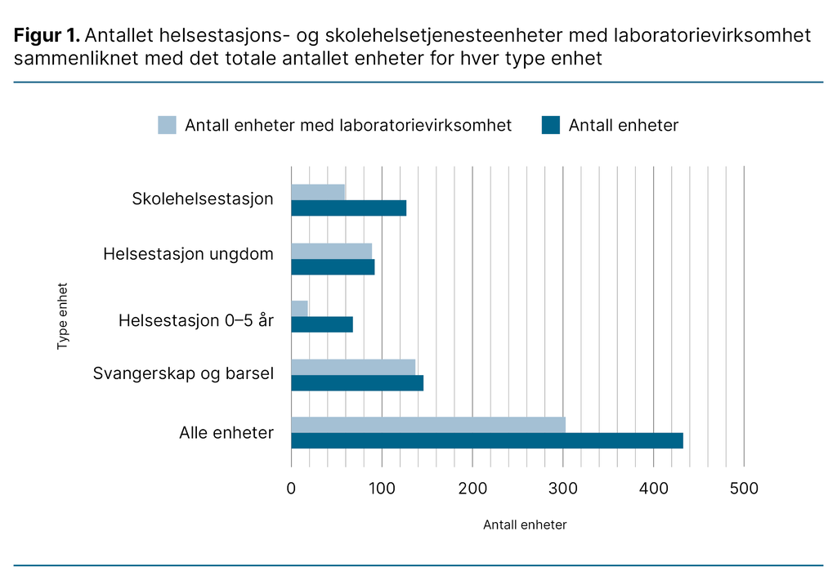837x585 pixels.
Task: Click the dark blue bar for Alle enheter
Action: pos(486,440)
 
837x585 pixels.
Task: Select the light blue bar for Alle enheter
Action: pos(427,425)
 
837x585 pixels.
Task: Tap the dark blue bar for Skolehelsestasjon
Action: pos(348,208)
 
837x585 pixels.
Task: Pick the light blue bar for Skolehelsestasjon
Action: pos(318,192)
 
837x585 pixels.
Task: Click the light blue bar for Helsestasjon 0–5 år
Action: pos(299,308)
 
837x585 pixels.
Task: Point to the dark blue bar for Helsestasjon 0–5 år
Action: pos(322,324)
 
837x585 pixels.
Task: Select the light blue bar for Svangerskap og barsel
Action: pos(353,367)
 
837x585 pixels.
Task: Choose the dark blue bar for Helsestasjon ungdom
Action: pos(333,266)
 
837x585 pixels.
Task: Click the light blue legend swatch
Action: pos(167,125)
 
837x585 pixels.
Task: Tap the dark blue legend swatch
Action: pos(550,125)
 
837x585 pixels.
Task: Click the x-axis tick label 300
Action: pos(562,489)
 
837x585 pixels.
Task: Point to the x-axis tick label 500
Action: pos(744,489)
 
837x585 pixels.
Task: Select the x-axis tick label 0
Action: pos(291,489)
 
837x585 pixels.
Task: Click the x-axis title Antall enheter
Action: pos(525,525)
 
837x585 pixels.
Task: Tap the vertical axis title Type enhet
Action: pos(62,316)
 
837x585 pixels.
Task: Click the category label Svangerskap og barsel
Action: pos(183,373)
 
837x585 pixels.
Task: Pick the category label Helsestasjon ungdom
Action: pos(188,254)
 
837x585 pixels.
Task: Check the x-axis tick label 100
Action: pos(382,489)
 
